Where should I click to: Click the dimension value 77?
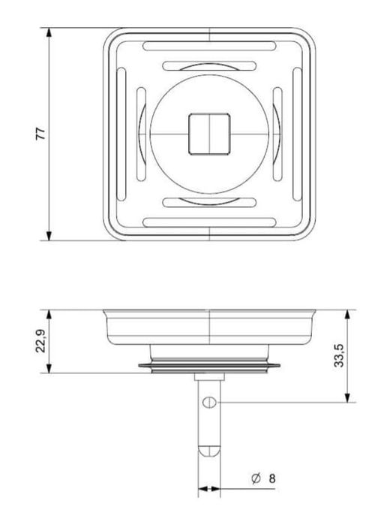pos(42,134)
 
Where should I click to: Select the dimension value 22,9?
pos(42,343)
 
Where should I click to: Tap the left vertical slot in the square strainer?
pos(119,133)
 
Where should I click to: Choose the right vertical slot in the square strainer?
pos(298,133)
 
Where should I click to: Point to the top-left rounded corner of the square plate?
pos(109,34)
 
